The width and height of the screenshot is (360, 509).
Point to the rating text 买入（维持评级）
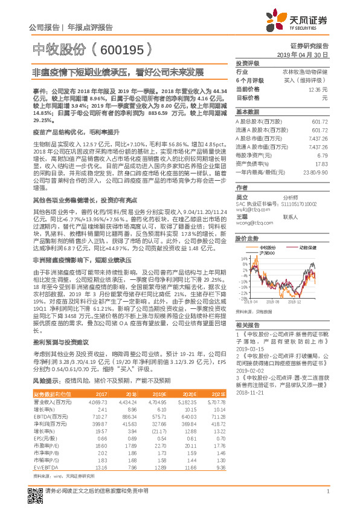click(307, 80)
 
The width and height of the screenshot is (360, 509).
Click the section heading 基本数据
click(246, 112)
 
